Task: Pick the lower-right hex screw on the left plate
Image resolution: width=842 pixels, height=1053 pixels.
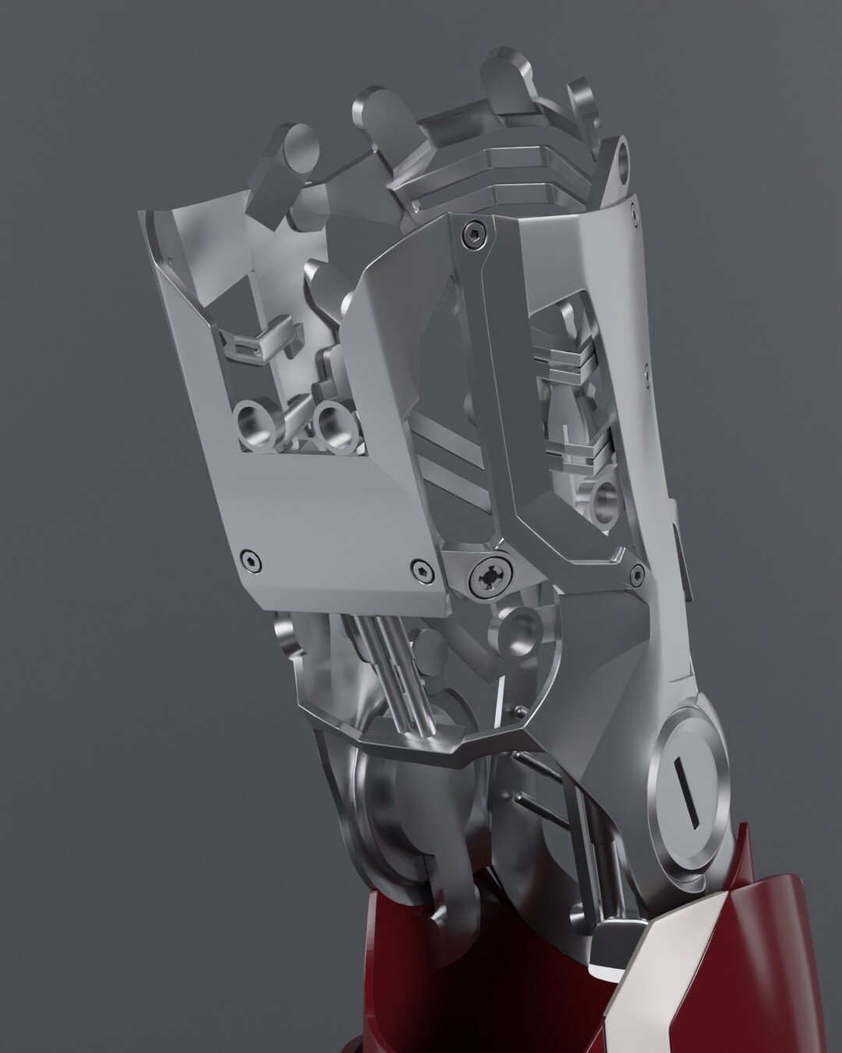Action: pos(422,567)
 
